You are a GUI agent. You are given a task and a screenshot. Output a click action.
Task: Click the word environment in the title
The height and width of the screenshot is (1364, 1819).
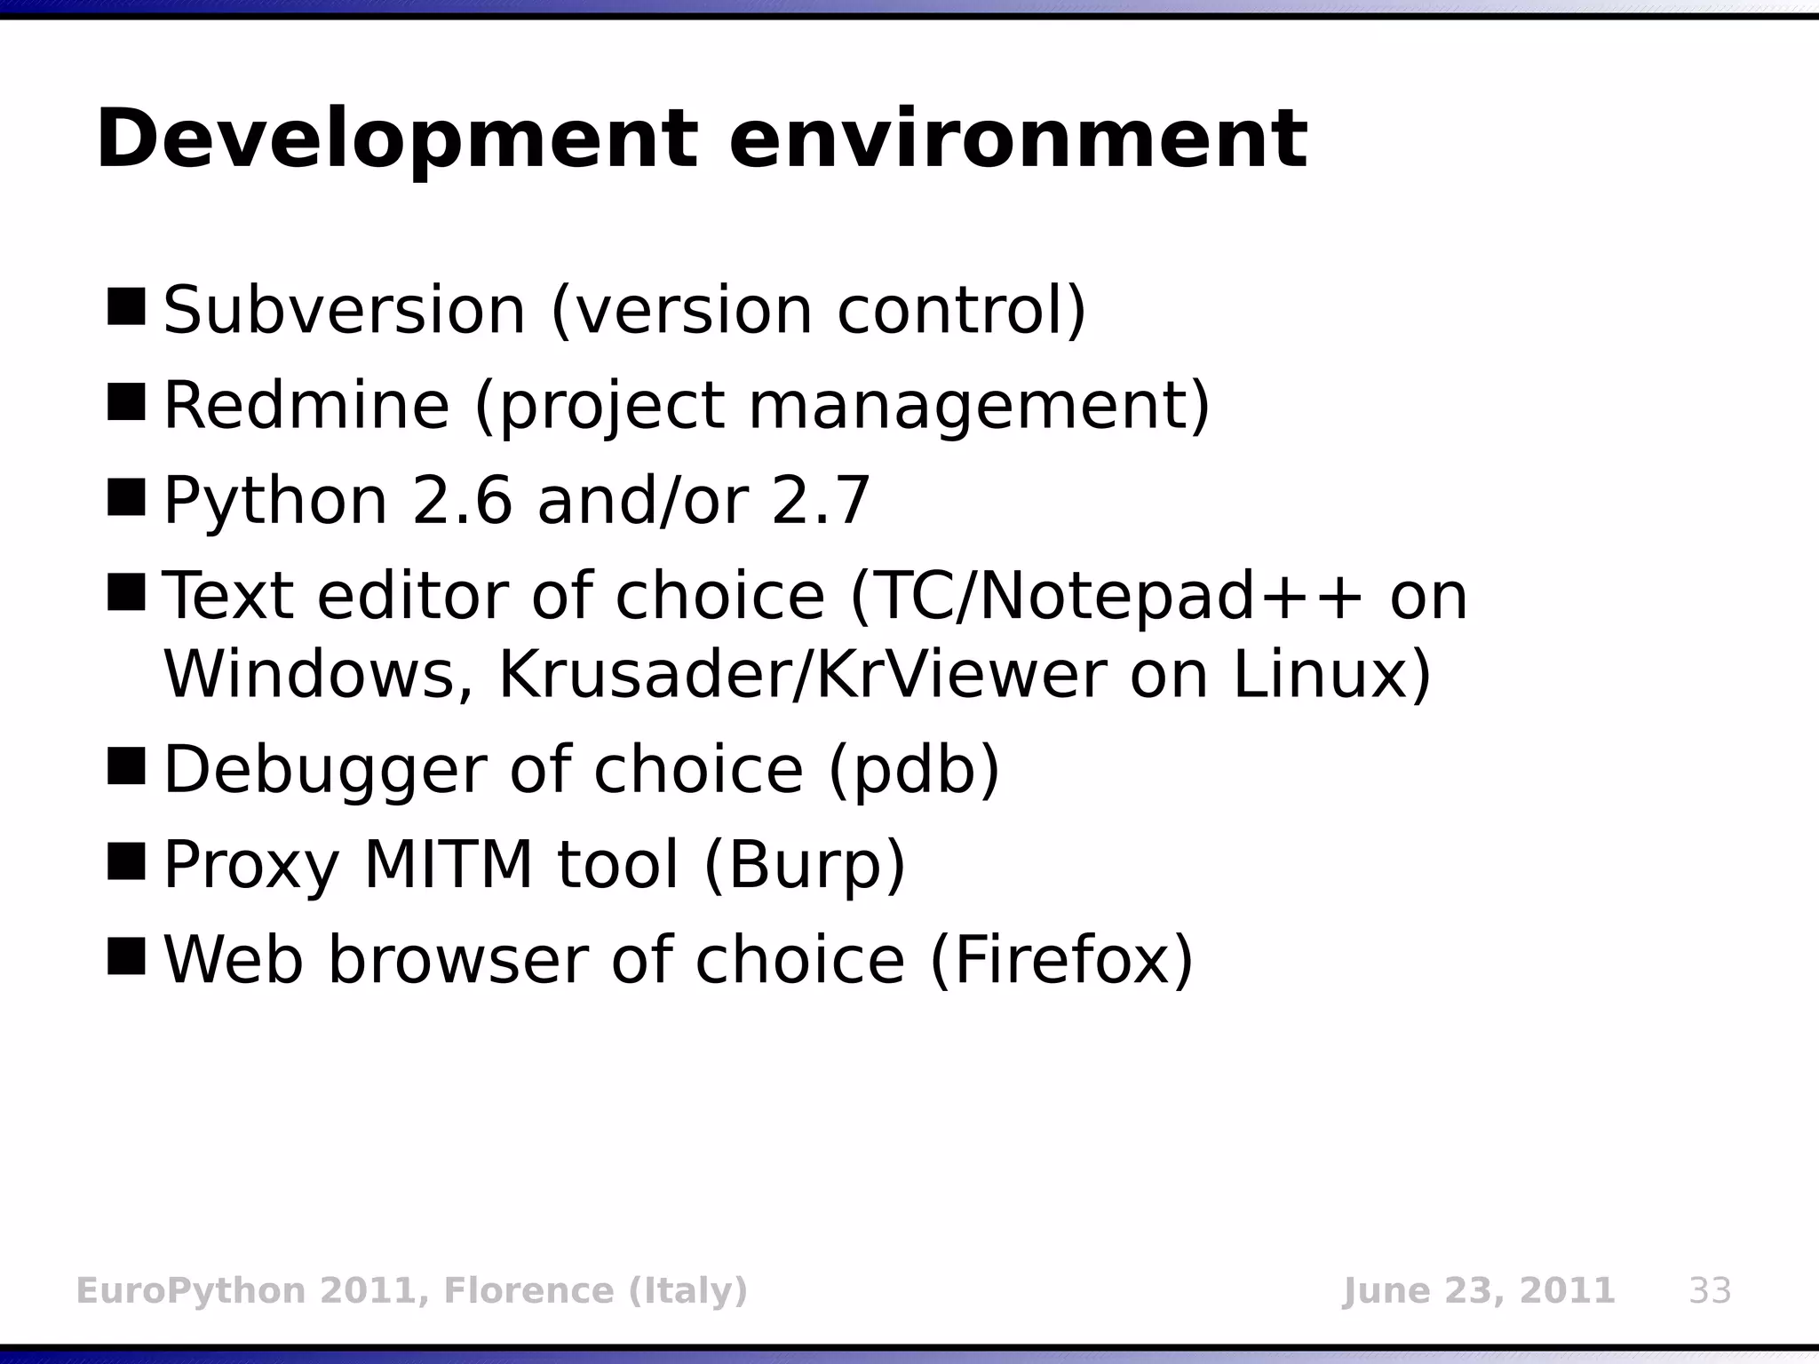point(1017,140)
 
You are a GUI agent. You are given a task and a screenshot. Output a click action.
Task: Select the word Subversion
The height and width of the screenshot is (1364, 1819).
point(345,311)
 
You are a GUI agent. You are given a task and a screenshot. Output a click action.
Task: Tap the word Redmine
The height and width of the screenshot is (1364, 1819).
point(306,406)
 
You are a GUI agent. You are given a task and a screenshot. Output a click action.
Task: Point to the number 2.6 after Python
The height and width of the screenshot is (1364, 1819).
point(463,501)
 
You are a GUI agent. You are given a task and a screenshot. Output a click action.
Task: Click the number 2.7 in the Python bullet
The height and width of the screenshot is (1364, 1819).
point(821,501)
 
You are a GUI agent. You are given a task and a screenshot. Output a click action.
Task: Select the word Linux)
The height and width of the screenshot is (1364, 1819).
point(1332,675)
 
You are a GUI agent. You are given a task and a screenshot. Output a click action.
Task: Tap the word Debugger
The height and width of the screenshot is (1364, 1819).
point(324,770)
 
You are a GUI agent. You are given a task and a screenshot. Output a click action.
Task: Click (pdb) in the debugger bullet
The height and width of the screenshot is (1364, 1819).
point(914,770)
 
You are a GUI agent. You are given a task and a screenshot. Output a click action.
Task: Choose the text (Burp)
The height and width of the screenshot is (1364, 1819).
point(805,865)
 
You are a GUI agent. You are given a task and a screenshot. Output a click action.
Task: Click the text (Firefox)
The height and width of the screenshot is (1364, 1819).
point(1061,960)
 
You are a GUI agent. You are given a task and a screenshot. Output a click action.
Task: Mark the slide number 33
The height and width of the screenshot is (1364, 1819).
point(1710,1290)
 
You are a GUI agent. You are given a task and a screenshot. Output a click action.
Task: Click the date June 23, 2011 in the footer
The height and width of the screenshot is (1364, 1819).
point(1478,1290)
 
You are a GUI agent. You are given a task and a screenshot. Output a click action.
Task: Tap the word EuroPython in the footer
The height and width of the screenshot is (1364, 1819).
point(191,1290)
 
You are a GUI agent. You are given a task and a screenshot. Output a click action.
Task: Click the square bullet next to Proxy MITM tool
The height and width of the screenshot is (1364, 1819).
point(126,860)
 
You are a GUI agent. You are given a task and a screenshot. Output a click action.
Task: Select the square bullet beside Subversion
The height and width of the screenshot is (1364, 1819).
point(126,306)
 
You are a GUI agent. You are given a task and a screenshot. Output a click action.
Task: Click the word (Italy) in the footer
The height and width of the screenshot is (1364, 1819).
point(688,1290)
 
